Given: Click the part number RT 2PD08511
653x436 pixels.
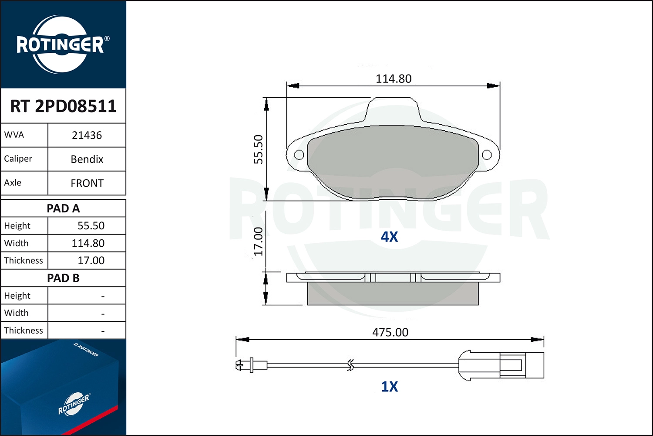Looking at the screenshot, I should (63, 106).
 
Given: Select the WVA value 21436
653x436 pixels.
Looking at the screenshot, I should (87, 135).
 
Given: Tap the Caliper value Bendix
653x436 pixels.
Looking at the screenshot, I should (87, 159).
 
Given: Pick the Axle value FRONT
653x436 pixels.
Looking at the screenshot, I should (87, 183).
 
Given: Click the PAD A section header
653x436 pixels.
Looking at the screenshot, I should (63, 208).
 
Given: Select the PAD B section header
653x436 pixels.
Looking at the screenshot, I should (63, 278).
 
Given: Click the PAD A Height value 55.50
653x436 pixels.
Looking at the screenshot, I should (91, 226).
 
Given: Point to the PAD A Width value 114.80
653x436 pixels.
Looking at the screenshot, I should (88, 243).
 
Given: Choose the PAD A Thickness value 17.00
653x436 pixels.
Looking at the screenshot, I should (91, 261).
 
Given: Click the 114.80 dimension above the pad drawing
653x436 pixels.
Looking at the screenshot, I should (393, 79).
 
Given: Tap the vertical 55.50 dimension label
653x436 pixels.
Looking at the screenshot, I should (259, 150).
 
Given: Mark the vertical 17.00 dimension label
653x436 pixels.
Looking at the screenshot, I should (259, 241).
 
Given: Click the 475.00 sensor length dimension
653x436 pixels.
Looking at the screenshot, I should (390, 332).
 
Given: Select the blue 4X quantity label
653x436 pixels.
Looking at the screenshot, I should (389, 237).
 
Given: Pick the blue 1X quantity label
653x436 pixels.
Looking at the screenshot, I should (389, 387).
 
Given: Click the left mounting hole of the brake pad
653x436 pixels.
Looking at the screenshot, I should (299, 155).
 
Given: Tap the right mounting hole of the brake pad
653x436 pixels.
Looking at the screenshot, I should (487, 155).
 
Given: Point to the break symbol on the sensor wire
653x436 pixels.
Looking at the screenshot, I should (350, 365).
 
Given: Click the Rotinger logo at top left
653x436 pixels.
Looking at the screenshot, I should (61, 44).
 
